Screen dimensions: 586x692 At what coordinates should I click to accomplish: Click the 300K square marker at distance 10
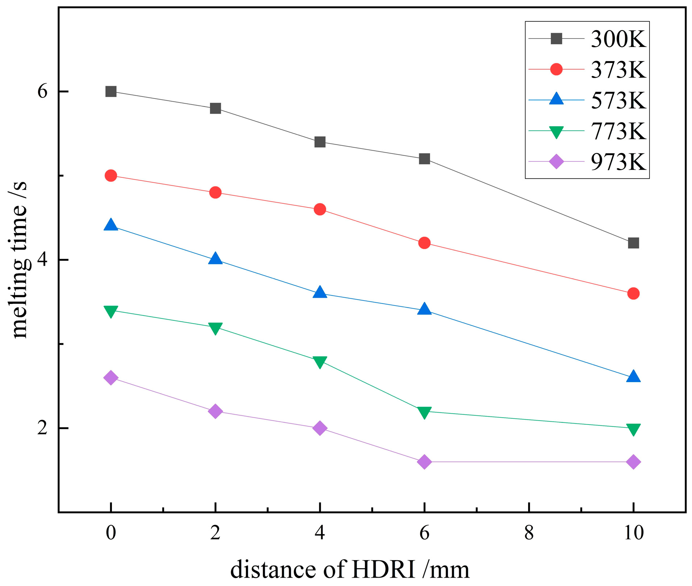(633, 243)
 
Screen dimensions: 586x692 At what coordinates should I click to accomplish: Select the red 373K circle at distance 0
(111, 176)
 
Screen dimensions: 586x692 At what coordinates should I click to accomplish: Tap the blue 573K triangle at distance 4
(320, 292)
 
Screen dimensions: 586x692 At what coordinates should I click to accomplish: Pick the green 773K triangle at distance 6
(424, 412)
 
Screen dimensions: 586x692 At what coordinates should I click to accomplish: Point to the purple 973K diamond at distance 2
(215, 411)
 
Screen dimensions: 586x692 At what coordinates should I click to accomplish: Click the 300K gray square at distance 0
(111, 91)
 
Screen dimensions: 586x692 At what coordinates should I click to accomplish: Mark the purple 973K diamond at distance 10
(633, 462)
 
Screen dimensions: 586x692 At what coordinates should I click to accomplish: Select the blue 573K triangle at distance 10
(633, 377)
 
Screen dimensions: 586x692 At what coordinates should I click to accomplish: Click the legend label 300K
(618, 39)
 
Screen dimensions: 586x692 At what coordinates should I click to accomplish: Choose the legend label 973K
(618, 162)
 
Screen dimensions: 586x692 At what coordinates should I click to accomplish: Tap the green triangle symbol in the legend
(556, 132)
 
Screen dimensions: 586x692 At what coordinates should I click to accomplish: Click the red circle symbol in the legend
(556, 69)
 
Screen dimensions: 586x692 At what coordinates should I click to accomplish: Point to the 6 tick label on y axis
(43, 91)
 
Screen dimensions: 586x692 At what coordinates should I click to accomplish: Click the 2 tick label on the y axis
(43, 428)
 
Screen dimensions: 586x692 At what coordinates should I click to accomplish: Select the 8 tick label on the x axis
(529, 533)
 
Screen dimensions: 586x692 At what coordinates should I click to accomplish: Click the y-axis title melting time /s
(19, 260)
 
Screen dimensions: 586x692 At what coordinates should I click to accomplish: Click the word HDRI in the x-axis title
(383, 569)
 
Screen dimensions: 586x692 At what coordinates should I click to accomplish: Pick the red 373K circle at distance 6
(424, 243)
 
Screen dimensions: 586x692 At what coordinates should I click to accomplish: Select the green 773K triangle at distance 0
(111, 311)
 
